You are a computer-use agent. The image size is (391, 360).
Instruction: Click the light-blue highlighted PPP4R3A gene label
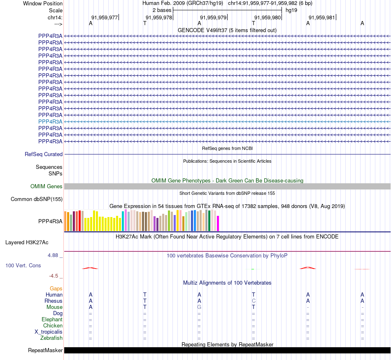(x=50, y=122)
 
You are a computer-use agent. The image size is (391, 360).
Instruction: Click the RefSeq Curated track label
(x=44, y=154)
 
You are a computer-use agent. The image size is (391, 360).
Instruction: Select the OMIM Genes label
(x=47, y=187)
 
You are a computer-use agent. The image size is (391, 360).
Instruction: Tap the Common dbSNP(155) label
(x=37, y=199)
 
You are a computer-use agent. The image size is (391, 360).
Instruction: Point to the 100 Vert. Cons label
(x=23, y=266)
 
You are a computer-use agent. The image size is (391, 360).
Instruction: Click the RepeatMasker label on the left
(x=45, y=351)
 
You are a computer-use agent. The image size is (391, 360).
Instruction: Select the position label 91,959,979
(x=213, y=17)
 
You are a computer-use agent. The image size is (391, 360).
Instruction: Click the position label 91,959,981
(x=322, y=17)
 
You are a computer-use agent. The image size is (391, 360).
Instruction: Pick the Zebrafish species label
(x=51, y=338)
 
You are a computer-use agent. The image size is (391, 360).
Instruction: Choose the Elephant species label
(x=52, y=320)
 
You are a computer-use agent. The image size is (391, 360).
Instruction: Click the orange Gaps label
(x=56, y=289)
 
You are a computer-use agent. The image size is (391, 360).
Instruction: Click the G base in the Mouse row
(x=199, y=307)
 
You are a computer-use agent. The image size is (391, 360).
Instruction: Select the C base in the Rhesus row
(x=254, y=301)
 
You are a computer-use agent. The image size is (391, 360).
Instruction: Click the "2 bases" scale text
(x=162, y=10)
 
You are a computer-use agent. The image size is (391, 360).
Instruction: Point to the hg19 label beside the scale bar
(x=291, y=10)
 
